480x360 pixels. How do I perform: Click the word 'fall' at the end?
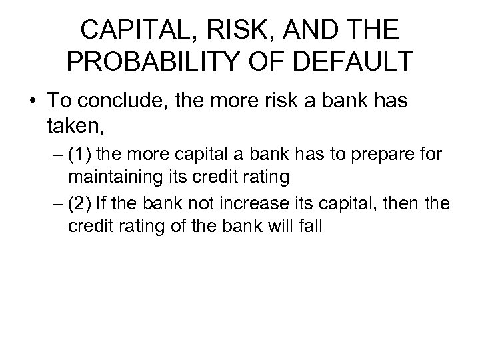pyautogui.click(x=311, y=225)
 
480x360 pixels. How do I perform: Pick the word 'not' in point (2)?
pyautogui.click(x=191, y=203)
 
